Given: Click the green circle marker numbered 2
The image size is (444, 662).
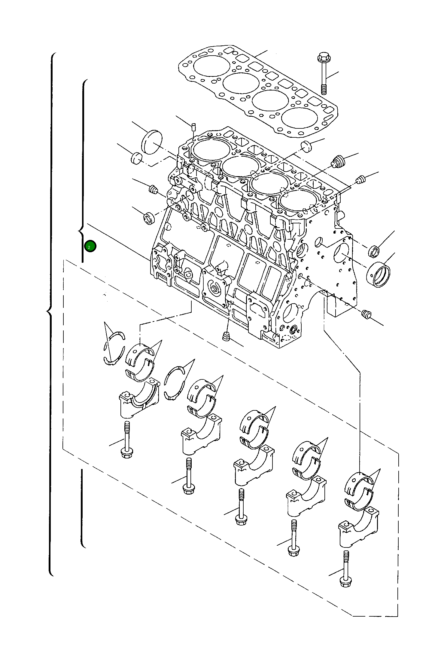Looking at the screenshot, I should click(90, 247).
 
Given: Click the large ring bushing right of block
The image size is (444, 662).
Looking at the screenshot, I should click(379, 274).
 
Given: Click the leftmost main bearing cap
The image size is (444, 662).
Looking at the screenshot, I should click(139, 399).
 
